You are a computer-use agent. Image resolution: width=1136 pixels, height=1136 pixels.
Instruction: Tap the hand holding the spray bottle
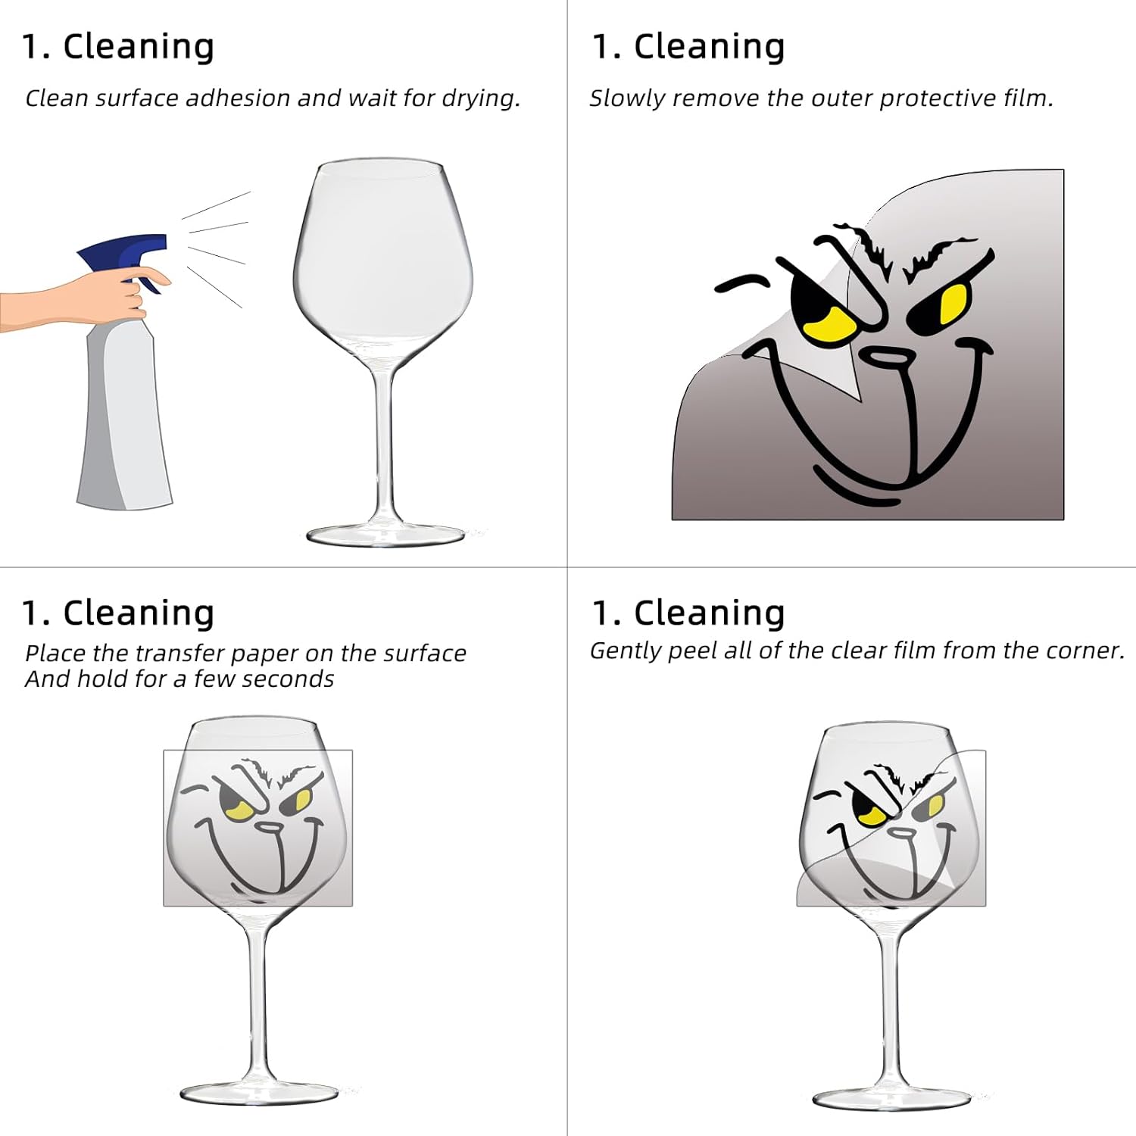[83, 297]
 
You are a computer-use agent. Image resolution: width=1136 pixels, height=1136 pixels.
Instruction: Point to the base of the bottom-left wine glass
[258, 1092]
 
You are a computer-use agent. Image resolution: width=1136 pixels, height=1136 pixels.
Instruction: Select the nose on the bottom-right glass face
[901, 833]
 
